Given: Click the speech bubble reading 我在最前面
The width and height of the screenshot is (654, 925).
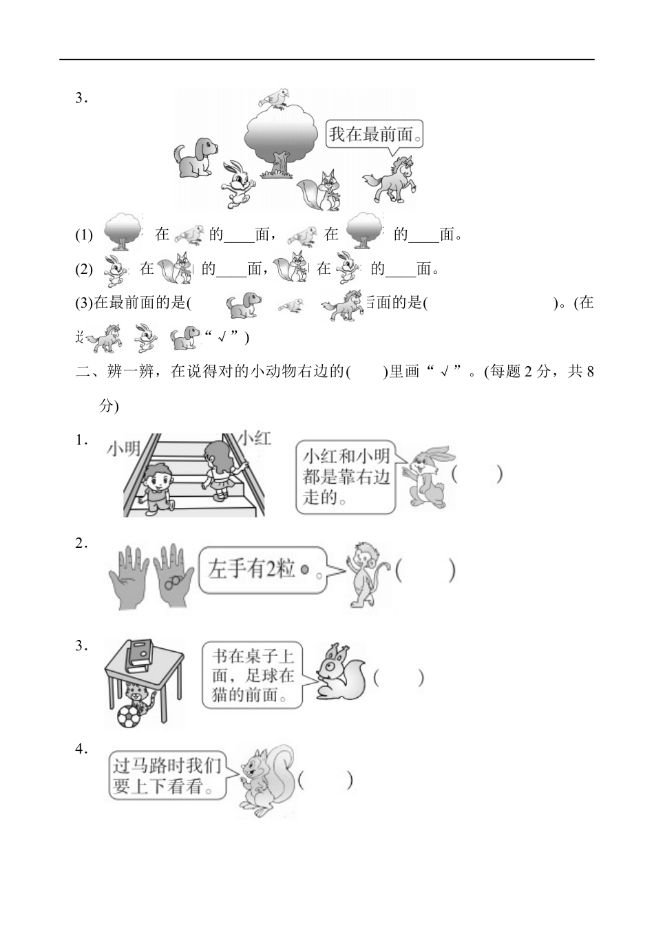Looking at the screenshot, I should tap(373, 135).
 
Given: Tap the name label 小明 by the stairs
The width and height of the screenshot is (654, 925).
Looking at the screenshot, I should tap(123, 449).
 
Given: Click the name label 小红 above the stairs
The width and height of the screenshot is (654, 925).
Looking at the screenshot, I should tap(254, 438).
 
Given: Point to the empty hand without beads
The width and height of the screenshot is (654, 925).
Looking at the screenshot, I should tap(129, 577).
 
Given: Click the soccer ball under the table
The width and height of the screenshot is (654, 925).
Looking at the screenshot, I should tap(129, 716).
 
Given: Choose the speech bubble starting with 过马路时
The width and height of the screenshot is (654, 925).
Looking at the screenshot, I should tap(169, 776).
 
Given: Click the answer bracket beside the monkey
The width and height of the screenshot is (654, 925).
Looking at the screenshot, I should tap(425, 571).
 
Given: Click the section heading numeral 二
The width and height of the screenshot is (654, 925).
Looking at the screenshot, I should tap(83, 372).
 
